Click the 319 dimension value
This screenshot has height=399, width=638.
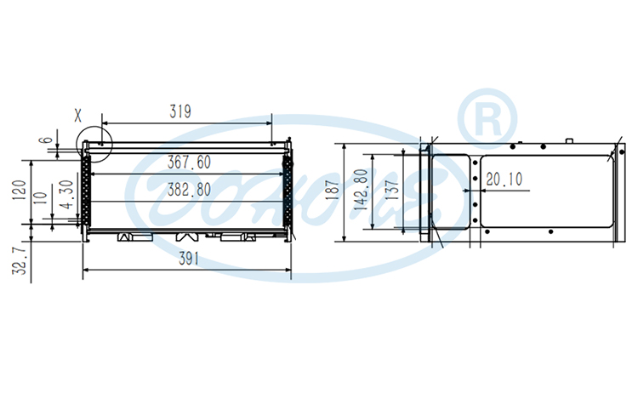click(179, 111)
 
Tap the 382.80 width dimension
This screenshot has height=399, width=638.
click(189, 188)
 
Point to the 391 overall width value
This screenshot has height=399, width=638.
click(188, 260)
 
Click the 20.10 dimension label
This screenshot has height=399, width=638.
click(504, 180)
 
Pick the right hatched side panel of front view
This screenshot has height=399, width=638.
click(288, 192)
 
